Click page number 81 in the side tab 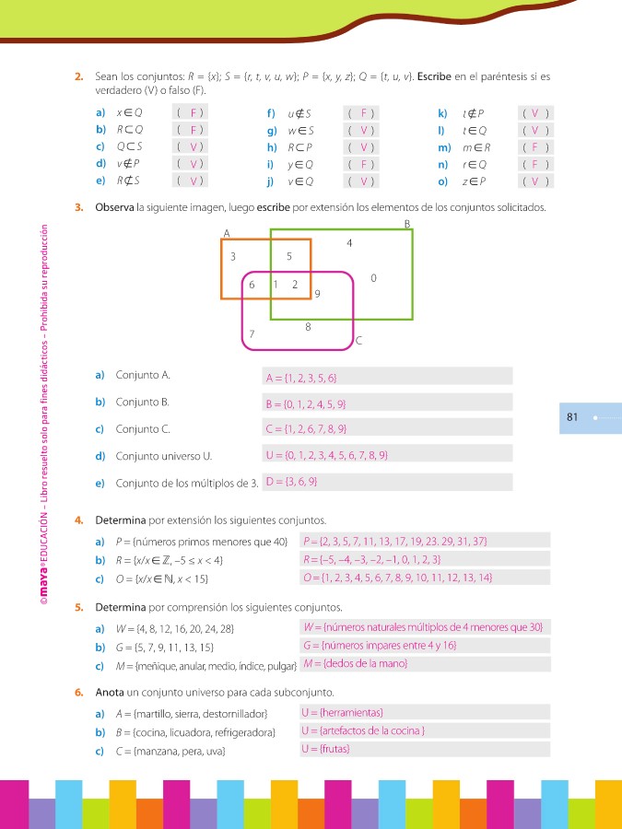click(571, 417)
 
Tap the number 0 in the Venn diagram click(372, 277)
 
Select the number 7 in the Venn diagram click(252, 333)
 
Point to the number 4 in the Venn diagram click(348, 243)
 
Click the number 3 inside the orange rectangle click(233, 256)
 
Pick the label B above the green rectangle click(407, 224)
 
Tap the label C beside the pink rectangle click(358, 341)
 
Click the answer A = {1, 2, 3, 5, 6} click(301, 378)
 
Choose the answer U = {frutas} click(325, 749)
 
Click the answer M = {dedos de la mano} click(355, 663)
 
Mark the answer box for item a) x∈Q click(189, 112)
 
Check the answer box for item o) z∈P click(534, 181)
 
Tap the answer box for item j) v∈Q click(363, 181)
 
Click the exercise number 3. click(80, 207)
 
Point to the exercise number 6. click(80, 692)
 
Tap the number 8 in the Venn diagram click(308, 326)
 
